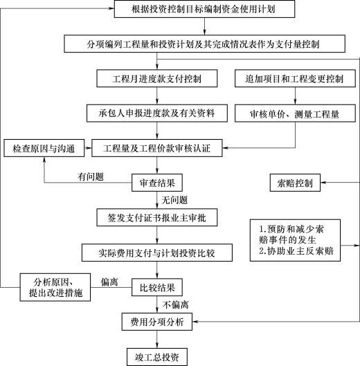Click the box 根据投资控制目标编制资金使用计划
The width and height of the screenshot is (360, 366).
(204, 9)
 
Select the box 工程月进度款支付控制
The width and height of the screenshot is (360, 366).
(157, 78)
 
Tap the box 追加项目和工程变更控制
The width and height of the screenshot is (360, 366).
(295, 78)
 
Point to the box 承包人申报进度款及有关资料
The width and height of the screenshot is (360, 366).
(157, 113)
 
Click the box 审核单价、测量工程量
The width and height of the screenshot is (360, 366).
(295, 113)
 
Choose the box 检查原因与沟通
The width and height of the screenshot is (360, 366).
(44, 148)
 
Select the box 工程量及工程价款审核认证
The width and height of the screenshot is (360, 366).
(157, 148)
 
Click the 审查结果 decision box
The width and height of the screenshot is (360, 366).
(157, 183)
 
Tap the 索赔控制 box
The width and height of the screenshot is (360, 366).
(295, 183)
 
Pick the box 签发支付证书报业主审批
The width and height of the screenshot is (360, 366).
(157, 217)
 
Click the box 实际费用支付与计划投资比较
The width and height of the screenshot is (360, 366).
(157, 253)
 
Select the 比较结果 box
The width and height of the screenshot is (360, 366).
(157, 287)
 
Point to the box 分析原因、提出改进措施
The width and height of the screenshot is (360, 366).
(55, 287)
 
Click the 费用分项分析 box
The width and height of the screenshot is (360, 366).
(157, 322)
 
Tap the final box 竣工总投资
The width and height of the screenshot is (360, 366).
(157, 357)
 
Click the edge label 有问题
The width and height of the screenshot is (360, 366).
(91, 176)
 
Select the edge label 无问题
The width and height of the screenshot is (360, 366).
(174, 200)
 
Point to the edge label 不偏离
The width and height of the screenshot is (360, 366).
(176, 304)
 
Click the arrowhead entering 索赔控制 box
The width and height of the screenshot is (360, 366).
(323, 183)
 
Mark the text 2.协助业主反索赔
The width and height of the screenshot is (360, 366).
(296, 250)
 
